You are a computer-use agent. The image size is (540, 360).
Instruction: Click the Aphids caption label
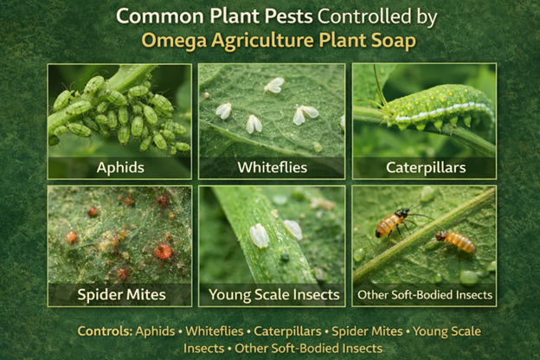119,166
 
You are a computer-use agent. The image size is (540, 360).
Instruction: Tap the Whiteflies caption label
272,166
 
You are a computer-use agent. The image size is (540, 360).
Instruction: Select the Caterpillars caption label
424,166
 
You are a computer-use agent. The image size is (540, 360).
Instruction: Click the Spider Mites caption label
119,295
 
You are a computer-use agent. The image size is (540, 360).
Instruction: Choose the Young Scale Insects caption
272,295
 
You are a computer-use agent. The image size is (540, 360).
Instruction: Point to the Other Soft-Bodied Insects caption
424,295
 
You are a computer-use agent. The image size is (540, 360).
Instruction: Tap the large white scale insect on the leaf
259,235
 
